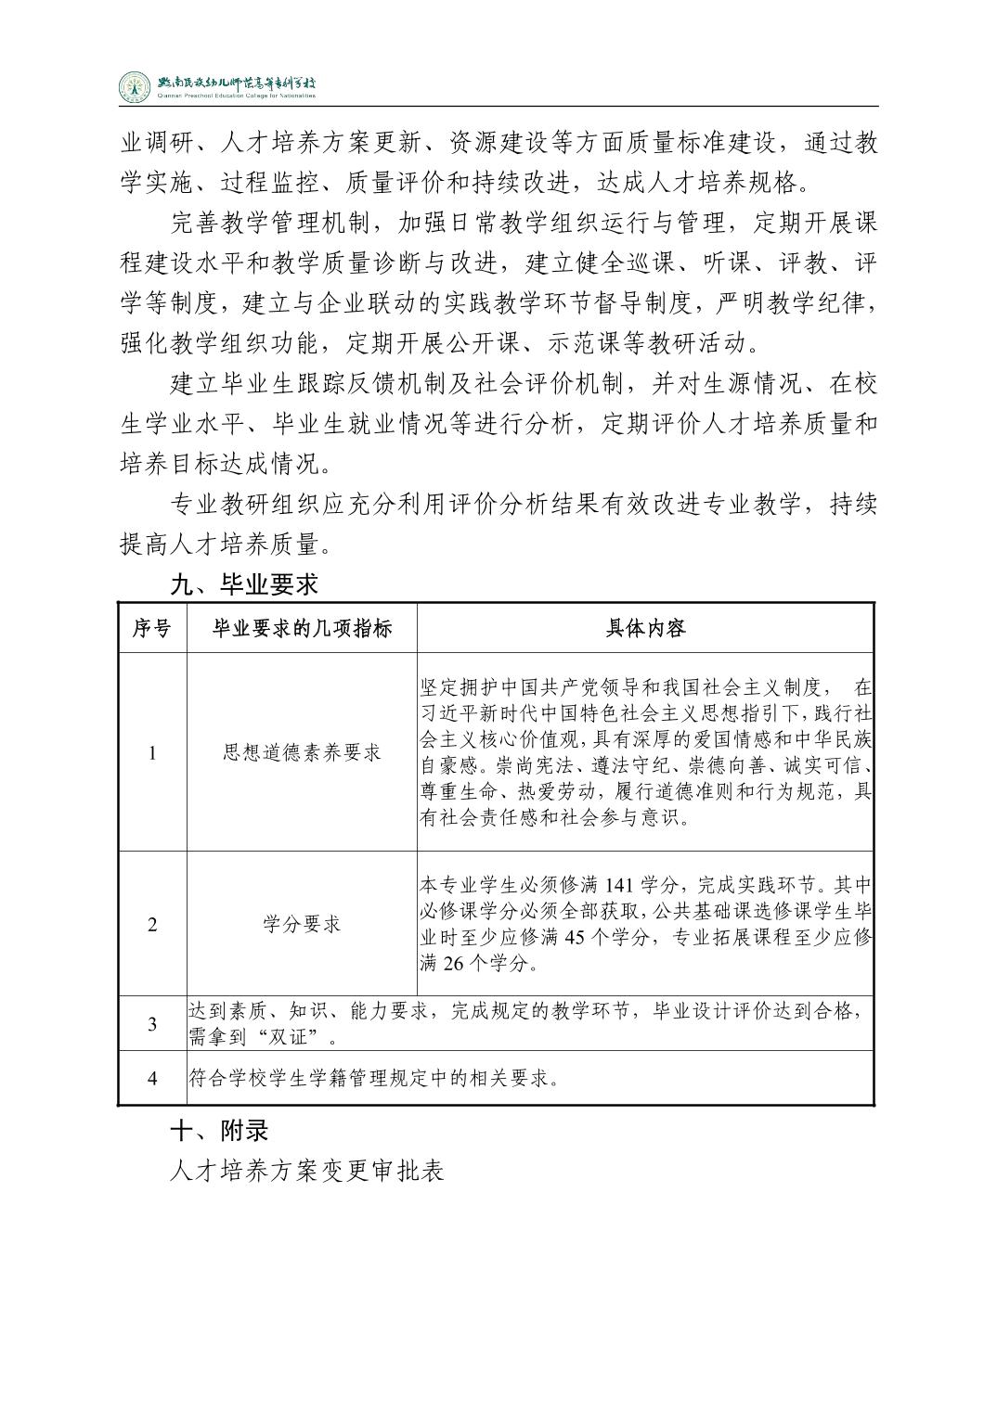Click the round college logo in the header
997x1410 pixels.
tap(135, 86)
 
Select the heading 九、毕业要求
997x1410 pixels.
tap(244, 584)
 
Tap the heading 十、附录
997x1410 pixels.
tap(219, 1131)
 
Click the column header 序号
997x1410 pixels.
tap(152, 629)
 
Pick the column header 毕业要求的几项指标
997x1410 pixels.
tap(302, 629)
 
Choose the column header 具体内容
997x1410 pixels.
tap(645, 629)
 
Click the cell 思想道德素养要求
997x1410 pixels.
tap(302, 752)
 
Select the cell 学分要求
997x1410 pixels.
tap(302, 924)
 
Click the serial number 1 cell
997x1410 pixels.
tap(152, 752)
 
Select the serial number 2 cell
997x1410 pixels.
tap(152, 924)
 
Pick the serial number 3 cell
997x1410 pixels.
tap(152, 1024)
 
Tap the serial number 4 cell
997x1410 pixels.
tap(152, 1078)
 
